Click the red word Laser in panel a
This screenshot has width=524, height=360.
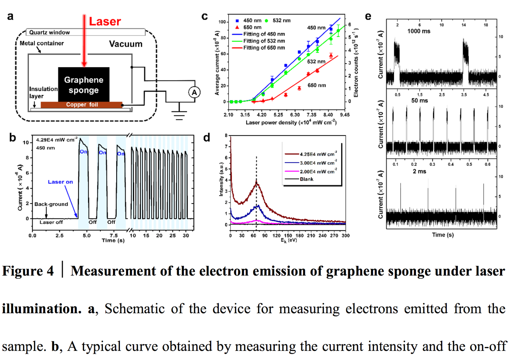coord(105,22)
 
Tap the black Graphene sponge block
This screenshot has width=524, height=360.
coord(84,85)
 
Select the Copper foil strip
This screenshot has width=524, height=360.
coord(82,105)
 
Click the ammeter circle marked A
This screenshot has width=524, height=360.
coord(194,92)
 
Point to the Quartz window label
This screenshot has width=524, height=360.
coord(49,32)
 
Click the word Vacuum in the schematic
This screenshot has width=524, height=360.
coord(126,44)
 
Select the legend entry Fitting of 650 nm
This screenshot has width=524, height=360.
coord(264,48)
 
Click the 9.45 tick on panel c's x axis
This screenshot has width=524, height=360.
coord(345,115)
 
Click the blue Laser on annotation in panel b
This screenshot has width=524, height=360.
coord(60,182)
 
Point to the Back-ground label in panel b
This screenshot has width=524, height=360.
coord(51,204)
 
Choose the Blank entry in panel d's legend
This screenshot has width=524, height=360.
coord(307,179)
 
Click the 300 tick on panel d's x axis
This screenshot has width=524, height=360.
coord(346,236)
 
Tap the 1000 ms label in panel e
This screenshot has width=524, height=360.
coord(419,31)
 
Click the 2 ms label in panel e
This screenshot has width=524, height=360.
coord(419,171)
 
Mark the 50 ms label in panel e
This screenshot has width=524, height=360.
coord(420,101)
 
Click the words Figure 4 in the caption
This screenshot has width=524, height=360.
coord(28,271)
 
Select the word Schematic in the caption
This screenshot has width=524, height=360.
coord(134,309)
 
